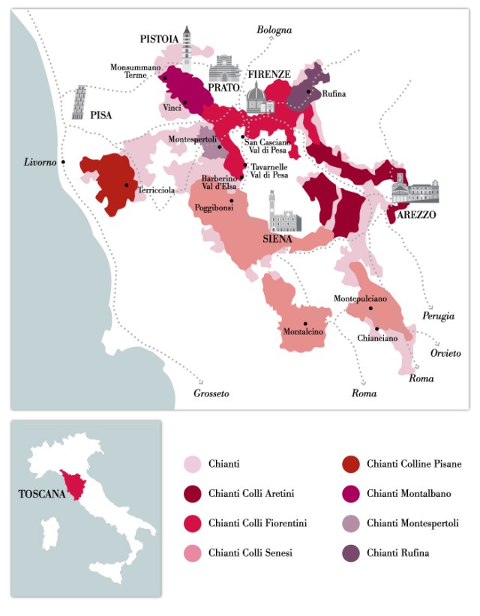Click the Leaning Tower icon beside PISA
pos(79,103)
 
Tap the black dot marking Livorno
pos(64,162)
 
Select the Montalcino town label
pos(303,331)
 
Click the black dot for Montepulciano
pos(370,308)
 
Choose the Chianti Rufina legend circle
pos(350,553)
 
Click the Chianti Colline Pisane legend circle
pos(350,465)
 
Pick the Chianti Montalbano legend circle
pos(350,494)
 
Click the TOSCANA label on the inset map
pos(40,495)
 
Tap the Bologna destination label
pos(274,30)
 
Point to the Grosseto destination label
pos(211,393)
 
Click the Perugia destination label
pos(438,316)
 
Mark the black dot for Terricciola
pos(127,184)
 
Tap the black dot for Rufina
pos(308,91)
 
